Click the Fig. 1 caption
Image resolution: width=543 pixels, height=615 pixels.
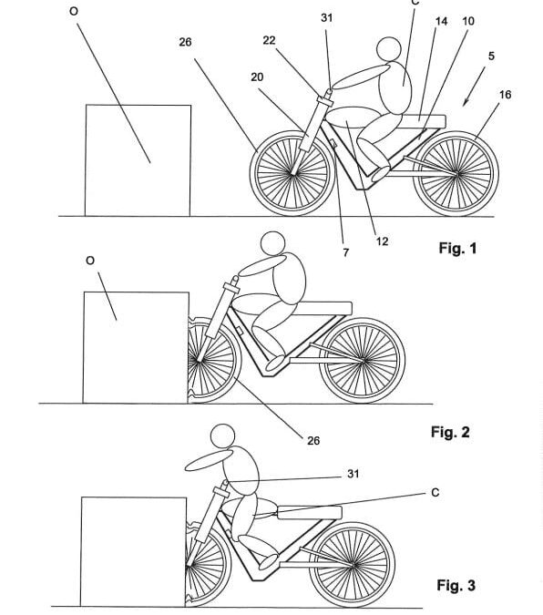click(x=457, y=248)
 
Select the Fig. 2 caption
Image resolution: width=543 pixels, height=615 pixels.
click(x=450, y=432)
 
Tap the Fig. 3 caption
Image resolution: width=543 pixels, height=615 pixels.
click(x=456, y=585)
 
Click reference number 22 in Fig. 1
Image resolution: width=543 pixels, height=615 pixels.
click(x=269, y=40)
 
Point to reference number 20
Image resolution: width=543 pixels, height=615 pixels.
click(x=257, y=77)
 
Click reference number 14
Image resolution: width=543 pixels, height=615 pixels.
click(x=441, y=21)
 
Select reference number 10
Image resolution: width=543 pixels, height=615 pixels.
click(x=468, y=21)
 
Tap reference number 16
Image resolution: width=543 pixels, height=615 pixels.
click(x=506, y=95)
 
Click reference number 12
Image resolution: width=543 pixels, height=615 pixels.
click(x=382, y=241)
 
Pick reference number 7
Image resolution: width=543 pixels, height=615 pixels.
click(x=345, y=252)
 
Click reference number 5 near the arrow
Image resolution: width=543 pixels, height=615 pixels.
click(x=491, y=56)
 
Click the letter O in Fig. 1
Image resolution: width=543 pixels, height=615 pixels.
click(x=74, y=12)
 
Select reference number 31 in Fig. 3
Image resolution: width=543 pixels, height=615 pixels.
click(x=353, y=474)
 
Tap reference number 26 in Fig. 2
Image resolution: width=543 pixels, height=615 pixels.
click(x=313, y=441)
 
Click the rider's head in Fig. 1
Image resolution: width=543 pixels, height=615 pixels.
click(x=389, y=49)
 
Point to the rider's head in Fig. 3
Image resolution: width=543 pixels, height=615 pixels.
click(x=223, y=436)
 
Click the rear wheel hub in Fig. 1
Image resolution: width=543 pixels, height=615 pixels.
click(x=457, y=174)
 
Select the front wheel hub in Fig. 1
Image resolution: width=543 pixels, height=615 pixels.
click(x=292, y=174)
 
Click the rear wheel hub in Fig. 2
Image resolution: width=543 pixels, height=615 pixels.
click(x=364, y=361)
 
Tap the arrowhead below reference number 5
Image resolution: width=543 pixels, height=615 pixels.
click(x=466, y=103)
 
